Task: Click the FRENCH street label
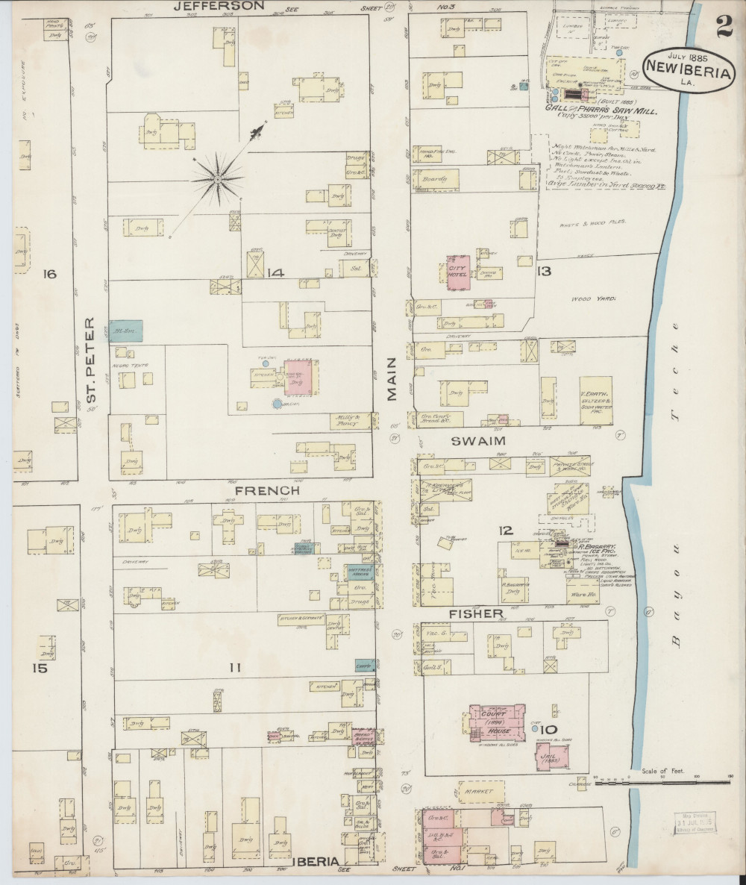[267, 491]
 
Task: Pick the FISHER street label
[475, 613]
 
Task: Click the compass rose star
[217, 178]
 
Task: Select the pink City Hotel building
[457, 273]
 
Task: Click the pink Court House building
[495, 722]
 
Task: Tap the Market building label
[480, 790]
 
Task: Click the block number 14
[275, 273]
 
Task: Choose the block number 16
[49, 275]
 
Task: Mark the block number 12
[506, 531]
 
